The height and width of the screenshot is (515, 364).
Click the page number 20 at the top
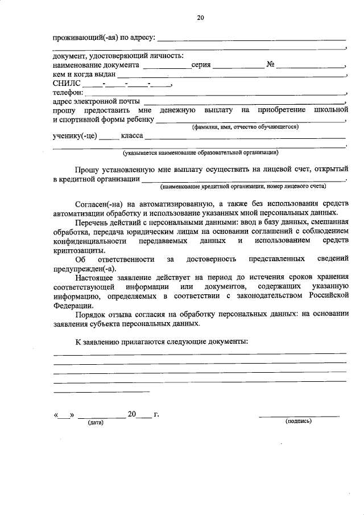pos(200,18)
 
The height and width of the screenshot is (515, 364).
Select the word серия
pos(201,65)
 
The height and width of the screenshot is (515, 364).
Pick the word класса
pos(131,137)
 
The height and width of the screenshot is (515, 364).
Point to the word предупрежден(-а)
pos(85,269)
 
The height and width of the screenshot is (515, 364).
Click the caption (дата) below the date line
pos(95,423)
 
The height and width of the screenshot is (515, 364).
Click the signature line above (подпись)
pos(299,417)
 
